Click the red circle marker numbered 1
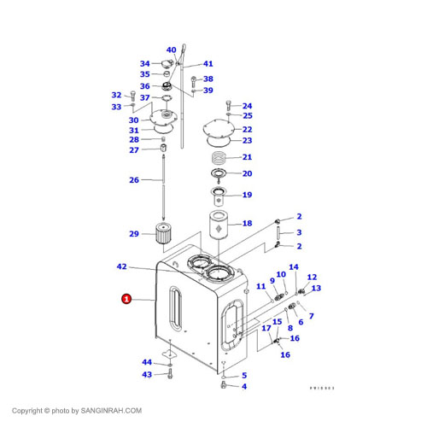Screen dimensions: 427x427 tap(126, 299)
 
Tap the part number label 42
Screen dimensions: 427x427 tap(121, 267)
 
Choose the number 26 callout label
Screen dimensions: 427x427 tap(134, 180)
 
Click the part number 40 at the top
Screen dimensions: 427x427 tap(171, 50)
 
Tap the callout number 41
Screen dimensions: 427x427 tap(208, 64)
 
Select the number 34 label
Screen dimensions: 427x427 tap(144, 64)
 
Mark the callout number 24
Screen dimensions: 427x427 tap(247, 106)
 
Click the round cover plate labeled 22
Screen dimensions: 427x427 tap(220, 130)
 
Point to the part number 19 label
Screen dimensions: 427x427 tap(247, 195)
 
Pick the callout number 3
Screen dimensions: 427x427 tap(299, 232)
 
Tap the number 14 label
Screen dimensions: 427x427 tap(293, 267)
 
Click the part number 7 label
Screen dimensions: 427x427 tap(311, 317)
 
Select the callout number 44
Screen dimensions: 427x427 tap(147, 363)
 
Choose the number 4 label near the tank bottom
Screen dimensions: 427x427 tap(243, 387)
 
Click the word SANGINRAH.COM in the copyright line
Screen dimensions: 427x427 tap(111, 411)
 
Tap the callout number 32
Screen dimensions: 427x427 tap(117, 95)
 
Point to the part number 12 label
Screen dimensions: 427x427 tap(312, 278)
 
